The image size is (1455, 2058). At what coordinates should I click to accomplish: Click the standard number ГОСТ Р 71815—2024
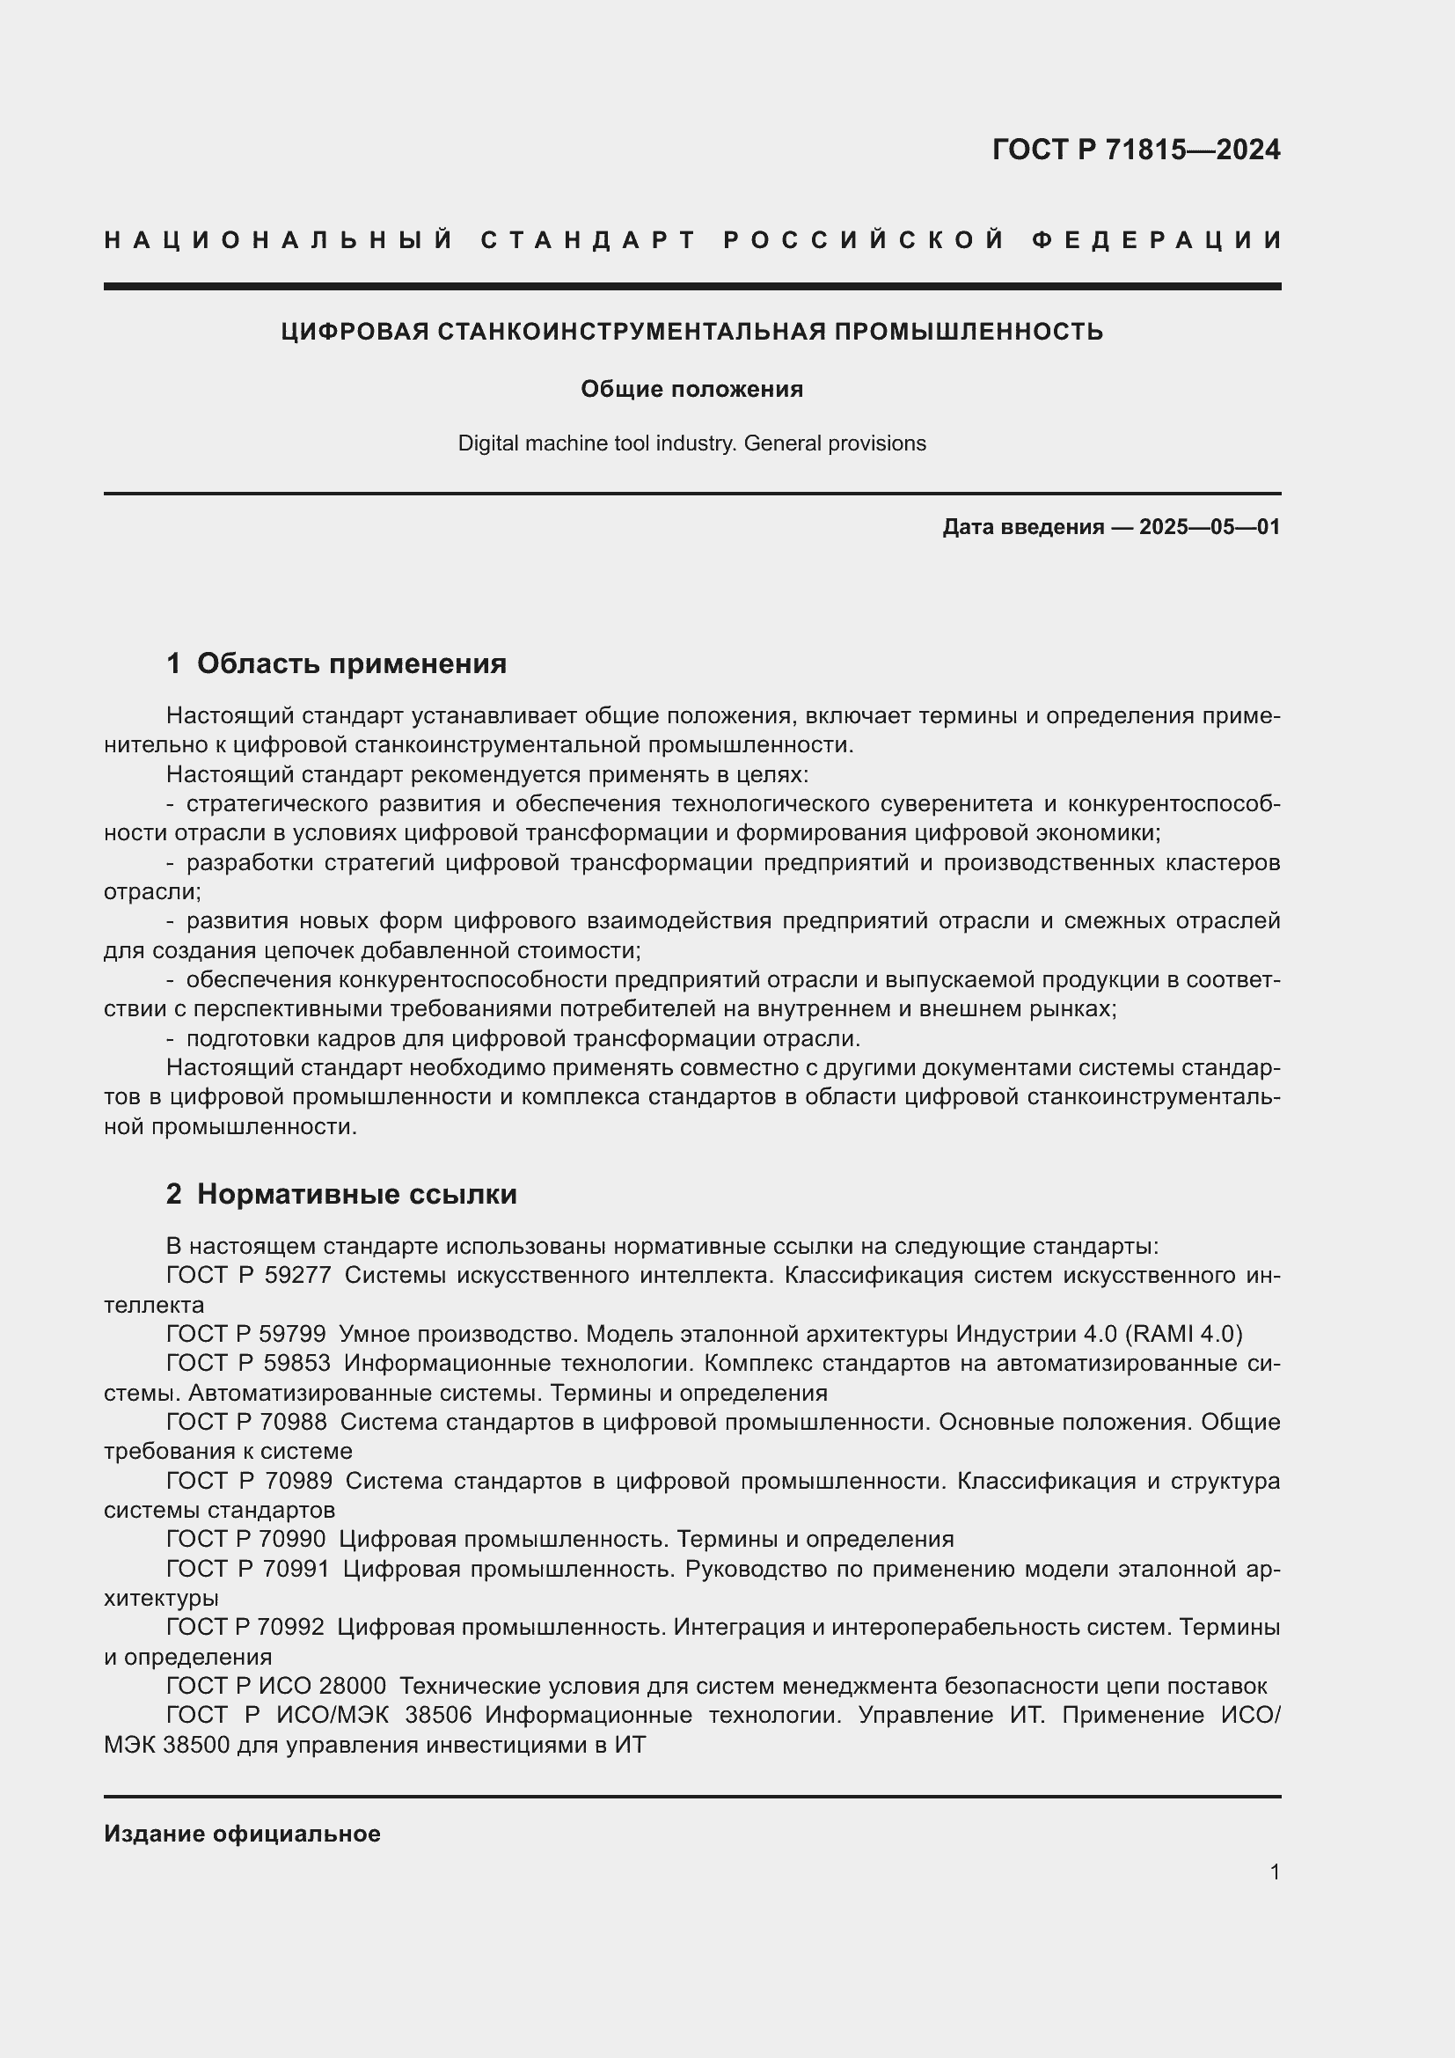pos(1135,150)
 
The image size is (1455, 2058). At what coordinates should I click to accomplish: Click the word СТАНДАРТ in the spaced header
pos(589,240)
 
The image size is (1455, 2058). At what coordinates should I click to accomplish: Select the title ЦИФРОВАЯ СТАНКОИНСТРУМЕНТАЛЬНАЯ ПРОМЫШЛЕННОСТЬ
pos(691,332)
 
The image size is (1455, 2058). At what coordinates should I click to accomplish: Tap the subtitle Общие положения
pos(691,389)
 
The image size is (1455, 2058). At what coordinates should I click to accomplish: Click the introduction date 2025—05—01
pos(1209,527)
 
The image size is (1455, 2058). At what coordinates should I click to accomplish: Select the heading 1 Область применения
pos(336,664)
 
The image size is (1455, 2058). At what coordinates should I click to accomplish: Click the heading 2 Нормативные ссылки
pos(341,1195)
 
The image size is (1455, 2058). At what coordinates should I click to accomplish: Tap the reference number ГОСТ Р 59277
pos(248,1276)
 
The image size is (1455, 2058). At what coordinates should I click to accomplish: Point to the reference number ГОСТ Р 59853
pos(248,1363)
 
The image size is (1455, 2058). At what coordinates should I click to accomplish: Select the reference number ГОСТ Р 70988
pos(246,1423)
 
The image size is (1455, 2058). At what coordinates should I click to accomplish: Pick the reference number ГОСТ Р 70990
pos(246,1539)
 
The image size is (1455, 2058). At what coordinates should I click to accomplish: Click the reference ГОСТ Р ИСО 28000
pos(276,1686)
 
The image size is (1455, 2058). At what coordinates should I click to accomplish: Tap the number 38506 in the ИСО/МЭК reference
pos(438,1716)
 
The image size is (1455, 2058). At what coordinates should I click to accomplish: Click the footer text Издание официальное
pos(242,1834)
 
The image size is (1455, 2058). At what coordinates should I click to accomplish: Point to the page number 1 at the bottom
pos(1274,1872)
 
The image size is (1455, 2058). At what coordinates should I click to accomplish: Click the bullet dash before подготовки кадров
pos(171,1039)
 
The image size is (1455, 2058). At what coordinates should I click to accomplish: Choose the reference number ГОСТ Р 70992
pos(245,1627)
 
